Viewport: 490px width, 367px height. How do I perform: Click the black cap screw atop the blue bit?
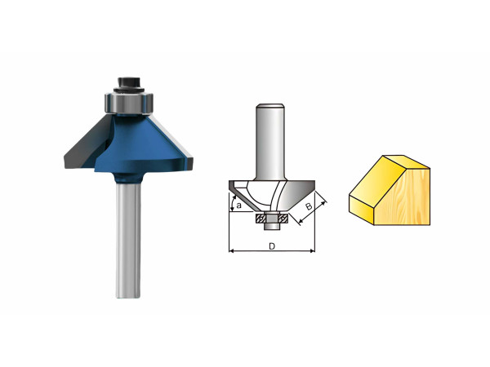tap(129, 84)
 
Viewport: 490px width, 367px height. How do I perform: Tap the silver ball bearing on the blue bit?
tap(129, 103)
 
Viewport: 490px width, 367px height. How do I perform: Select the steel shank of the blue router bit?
tap(128, 240)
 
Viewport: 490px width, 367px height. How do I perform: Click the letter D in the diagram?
tap(272, 246)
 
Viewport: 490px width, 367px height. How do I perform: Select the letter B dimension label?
tap(309, 206)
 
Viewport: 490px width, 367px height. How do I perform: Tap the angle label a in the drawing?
tap(239, 206)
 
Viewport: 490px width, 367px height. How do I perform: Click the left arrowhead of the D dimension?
tap(231, 250)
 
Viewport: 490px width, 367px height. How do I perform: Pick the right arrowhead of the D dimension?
tap(313, 250)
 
